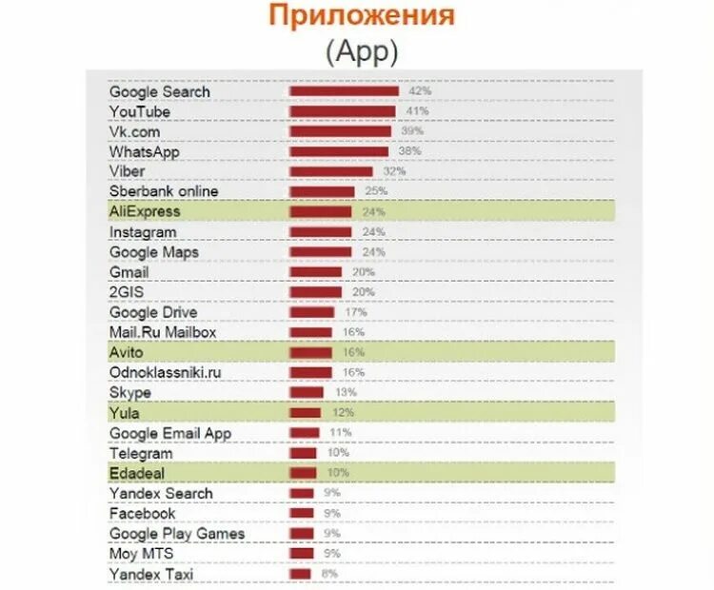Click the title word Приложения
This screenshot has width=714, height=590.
coord(361,16)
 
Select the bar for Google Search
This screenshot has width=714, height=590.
coord(344,91)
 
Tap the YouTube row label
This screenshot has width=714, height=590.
coord(140,112)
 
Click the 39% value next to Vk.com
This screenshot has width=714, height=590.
coord(411,132)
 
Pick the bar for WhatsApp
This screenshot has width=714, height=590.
coord(339,152)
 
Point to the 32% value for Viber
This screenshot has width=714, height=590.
coord(394,172)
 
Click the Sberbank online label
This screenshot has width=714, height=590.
coord(164,192)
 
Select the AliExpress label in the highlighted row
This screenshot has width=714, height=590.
coord(145,212)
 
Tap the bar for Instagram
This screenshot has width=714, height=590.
coord(321,232)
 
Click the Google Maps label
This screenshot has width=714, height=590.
coord(154,252)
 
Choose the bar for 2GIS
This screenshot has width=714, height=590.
coord(316,292)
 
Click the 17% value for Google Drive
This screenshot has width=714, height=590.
coord(356,312)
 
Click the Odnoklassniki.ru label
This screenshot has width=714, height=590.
coord(166,372)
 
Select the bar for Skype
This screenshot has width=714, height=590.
coord(307,392)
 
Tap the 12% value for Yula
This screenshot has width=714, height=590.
coord(343,413)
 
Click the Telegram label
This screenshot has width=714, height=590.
coord(141,454)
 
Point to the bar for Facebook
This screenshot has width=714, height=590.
coord(302,514)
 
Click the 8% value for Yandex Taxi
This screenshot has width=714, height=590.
coord(329,574)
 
